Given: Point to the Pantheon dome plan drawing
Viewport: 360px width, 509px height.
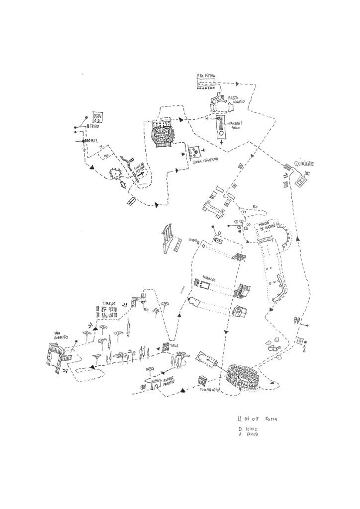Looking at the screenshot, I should pos(162,135).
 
